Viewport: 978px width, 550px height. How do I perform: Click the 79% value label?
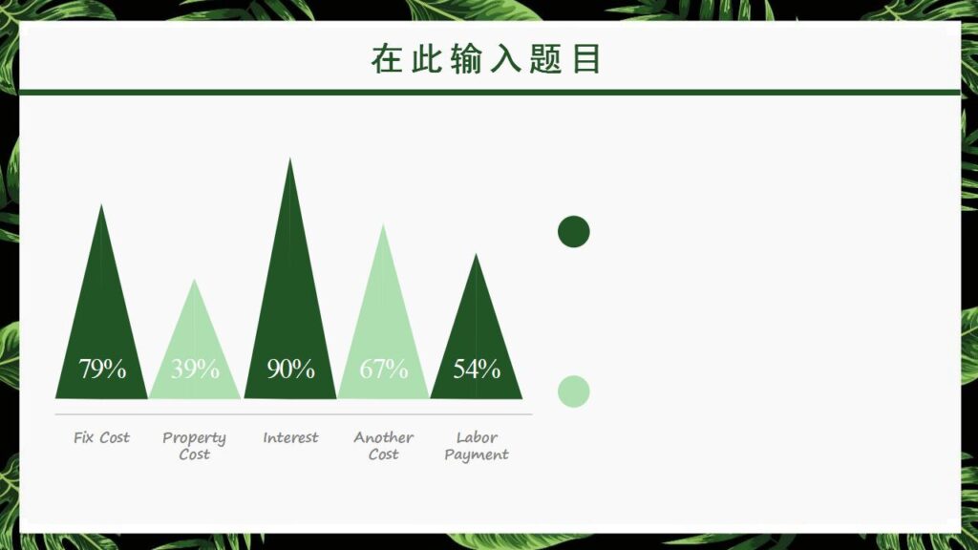102,369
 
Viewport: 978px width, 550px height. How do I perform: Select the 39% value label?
195,369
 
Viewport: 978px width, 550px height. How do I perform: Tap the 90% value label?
290,369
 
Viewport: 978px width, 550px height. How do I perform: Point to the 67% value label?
383,369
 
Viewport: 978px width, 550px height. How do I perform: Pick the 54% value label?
477,369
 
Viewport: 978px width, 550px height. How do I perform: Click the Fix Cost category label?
101,437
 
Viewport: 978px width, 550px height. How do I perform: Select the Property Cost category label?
194,446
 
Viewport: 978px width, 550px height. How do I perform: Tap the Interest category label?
290,437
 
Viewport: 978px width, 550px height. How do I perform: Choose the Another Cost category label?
383,446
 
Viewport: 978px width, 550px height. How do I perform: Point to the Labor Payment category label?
477,446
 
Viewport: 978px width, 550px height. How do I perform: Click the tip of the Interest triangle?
290,159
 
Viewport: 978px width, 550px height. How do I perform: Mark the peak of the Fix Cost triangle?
101,205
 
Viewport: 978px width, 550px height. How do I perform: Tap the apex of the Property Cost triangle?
195,280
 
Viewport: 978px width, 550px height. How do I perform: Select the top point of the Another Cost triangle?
383,225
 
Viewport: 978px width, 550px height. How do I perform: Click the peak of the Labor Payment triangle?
477,255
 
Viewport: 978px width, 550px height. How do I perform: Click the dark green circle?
573,231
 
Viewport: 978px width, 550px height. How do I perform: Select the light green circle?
573,391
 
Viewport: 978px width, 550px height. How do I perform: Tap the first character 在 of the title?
387,59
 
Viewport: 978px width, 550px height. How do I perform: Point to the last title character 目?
586,59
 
